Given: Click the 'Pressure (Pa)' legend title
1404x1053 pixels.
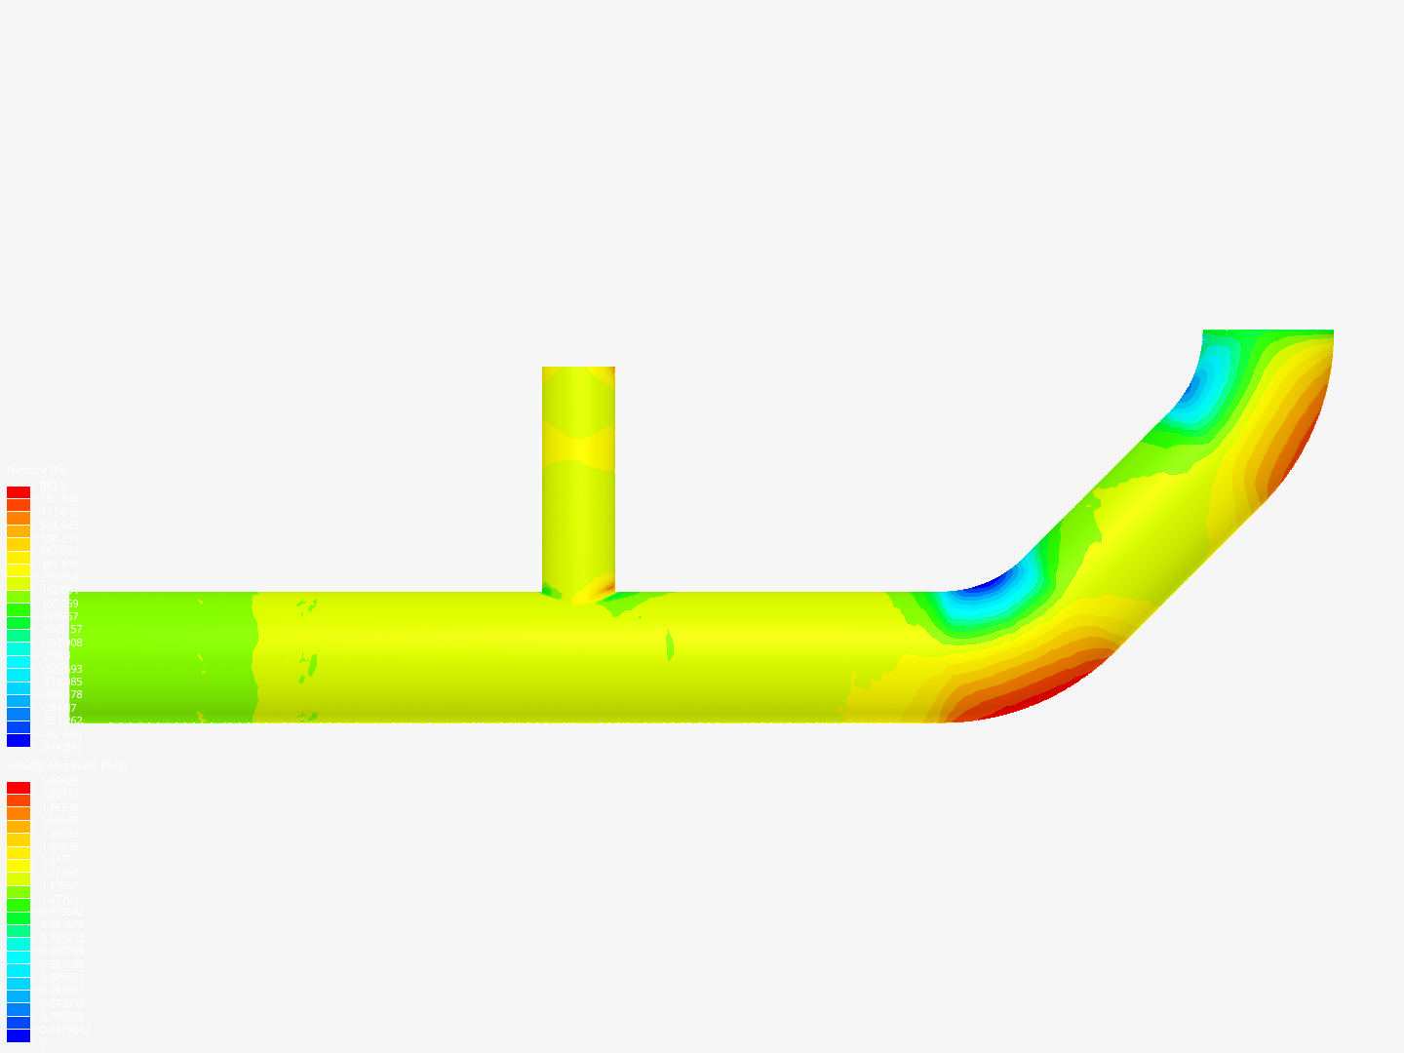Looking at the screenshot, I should point(37,471).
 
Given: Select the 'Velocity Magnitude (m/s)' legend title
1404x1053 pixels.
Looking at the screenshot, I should point(66,766).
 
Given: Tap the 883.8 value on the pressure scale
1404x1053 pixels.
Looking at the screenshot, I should point(53,486).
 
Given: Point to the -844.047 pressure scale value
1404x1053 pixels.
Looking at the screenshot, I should point(59,747).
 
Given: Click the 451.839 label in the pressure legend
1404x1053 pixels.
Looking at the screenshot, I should point(59,551).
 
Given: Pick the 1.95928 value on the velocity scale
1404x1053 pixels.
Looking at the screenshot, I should point(59,781).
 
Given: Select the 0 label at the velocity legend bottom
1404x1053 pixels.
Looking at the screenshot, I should point(41,1042).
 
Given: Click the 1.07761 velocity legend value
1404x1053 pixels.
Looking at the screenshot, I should point(59,899).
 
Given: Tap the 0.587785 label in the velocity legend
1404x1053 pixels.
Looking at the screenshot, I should point(61,964).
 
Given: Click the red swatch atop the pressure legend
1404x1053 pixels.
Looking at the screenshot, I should point(19,492).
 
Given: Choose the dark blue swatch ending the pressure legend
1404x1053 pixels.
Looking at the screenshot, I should point(19,740).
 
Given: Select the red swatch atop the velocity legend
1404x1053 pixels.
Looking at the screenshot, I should point(19,788).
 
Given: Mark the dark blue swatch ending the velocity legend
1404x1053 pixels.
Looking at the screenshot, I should point(19,1035).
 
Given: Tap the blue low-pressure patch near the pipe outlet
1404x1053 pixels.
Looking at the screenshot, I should point(1204,385).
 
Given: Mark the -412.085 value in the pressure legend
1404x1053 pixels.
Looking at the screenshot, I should point(59,682).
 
